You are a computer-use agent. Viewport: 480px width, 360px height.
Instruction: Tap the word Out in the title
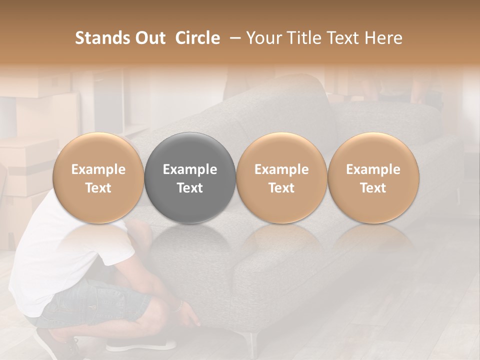point(148,38)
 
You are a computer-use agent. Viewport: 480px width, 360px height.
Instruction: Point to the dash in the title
point(233,38)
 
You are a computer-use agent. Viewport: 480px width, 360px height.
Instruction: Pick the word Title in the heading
point(302,38)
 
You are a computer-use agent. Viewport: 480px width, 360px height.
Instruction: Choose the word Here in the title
point(384,38)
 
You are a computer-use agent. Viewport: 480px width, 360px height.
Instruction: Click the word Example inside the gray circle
point(190,169)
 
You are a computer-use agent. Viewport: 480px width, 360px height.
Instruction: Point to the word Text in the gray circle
point(190,188)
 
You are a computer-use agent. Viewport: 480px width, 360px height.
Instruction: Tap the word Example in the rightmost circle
point(373,169)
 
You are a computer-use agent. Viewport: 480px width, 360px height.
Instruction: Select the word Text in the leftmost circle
point(98,188)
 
